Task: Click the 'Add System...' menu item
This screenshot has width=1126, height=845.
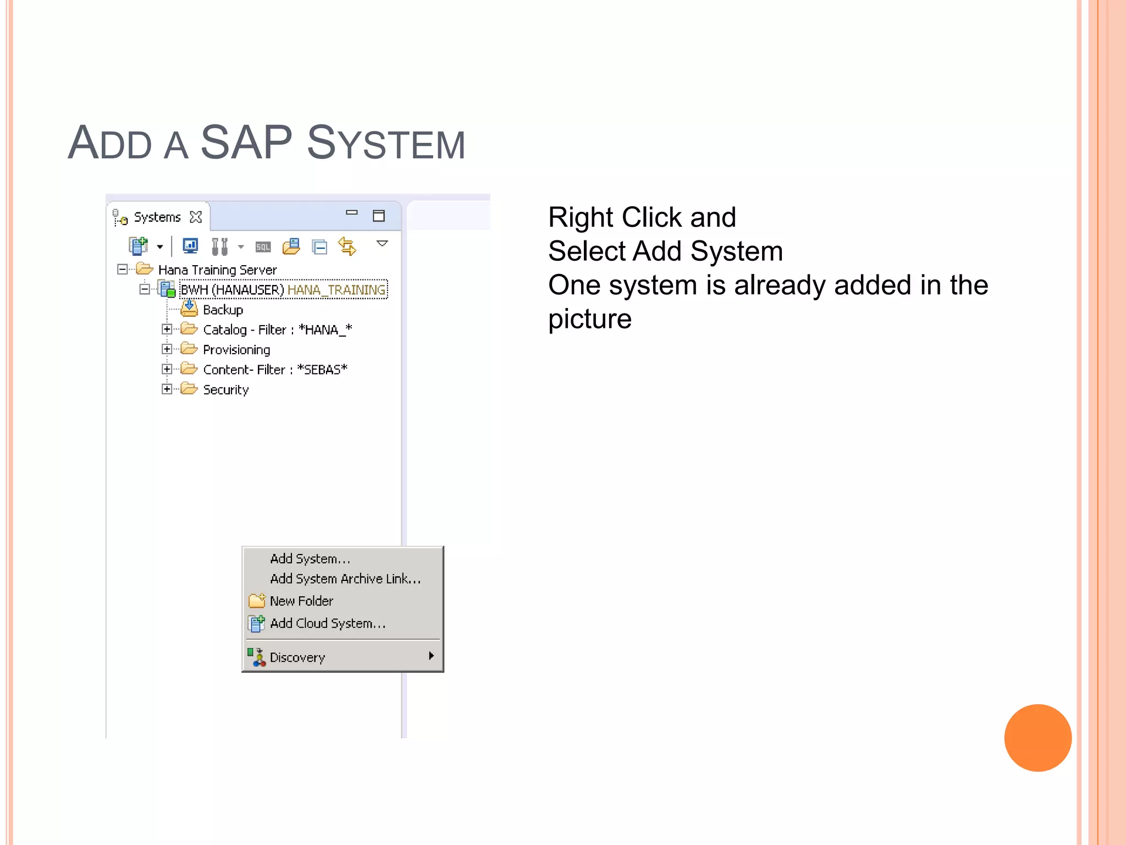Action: [310, 559]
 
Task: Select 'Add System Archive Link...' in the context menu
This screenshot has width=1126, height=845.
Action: [345, 579]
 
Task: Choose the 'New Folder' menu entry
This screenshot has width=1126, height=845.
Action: [301, 601]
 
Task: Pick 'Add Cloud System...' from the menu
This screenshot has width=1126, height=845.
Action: [327, 623]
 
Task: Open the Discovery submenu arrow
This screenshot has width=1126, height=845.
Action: [431, 656]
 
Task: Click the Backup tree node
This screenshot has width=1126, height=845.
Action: [223, 310]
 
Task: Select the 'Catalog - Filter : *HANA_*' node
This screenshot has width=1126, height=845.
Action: [277, 330]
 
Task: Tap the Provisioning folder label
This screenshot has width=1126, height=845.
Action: [236, 350]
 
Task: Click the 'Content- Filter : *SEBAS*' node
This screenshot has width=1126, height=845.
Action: [275, 370]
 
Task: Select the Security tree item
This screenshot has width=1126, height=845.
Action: [225, 389]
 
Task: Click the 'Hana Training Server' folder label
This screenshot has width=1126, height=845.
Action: [217, 270]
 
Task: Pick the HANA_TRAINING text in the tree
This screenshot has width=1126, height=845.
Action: [336, 290]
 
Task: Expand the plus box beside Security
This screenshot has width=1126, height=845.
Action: [167, 389]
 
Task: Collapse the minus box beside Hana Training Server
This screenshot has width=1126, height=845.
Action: [122, 269]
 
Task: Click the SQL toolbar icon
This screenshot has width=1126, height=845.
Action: [263, 247]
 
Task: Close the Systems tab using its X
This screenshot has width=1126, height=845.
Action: [196, 217]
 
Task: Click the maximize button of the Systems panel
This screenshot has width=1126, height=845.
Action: [378, 216]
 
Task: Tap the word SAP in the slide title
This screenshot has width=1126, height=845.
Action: [246, 142]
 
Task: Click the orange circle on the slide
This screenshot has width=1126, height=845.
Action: [1037, 738]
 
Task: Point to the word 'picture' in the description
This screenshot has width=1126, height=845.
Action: [589, 319]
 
